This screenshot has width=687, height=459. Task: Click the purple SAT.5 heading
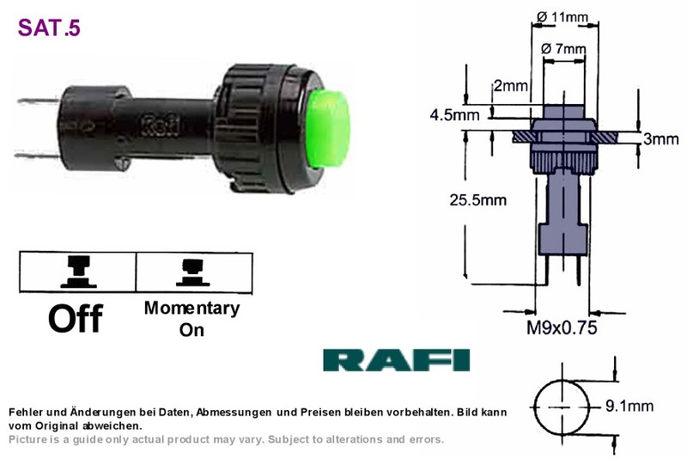(x=49, y=28)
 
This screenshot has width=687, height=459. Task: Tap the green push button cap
(x=328, y=129)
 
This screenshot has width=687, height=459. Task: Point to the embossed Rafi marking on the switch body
(x=161, y=126)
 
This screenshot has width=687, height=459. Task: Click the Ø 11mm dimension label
(x=562, y=17)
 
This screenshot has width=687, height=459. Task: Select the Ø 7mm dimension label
(x=563, y=48)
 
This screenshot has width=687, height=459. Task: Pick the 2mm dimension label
(x=510, y=85)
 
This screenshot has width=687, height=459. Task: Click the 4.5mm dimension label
(x=455, y=115)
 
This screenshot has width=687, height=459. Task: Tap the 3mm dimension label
(x=660, y=139)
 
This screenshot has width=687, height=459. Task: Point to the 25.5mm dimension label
(x=478, y=200)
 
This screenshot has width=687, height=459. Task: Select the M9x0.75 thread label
(x=562, y=327)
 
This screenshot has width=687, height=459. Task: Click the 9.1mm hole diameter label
(x=629, y=406)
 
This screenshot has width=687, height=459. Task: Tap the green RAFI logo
(x=397, y=360)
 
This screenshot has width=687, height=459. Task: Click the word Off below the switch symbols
(x=76, y=318)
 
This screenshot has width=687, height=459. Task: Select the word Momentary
(x=192, y=309)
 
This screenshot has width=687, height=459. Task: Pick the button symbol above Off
(x=78, y=272)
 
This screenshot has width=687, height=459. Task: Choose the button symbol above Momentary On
(x=192, y=272)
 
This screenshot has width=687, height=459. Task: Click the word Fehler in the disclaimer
(x=26, y=412)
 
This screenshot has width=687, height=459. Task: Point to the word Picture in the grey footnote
(x=27, y=439)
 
